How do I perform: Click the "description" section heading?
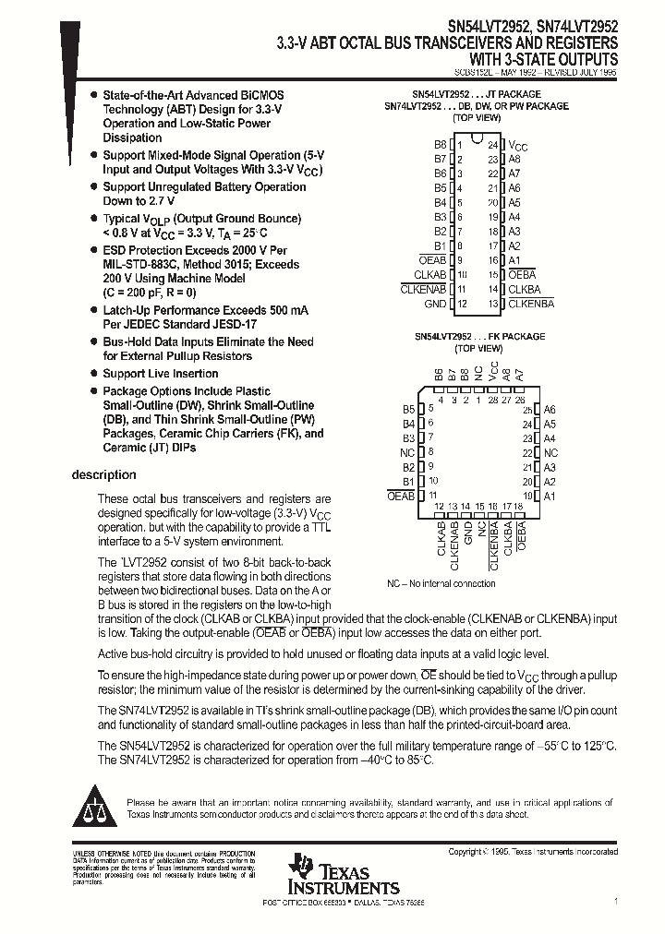click(x=103, y=475)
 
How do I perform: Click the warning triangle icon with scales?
click(x=92, y=806)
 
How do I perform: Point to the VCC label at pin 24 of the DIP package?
click(x=519, y=146)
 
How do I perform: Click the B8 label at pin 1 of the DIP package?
click(x=440, y=145)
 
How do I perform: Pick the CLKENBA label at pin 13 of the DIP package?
click(x=531, y=304)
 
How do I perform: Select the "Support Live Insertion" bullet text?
click(x=160, y=374)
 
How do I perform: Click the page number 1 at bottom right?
click(x=615, y=900)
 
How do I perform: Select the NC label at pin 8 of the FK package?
click(x=407, y=453)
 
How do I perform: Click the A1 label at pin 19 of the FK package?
click(x=550, y=497)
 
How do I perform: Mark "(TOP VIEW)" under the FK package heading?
click(x=477, y=349)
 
